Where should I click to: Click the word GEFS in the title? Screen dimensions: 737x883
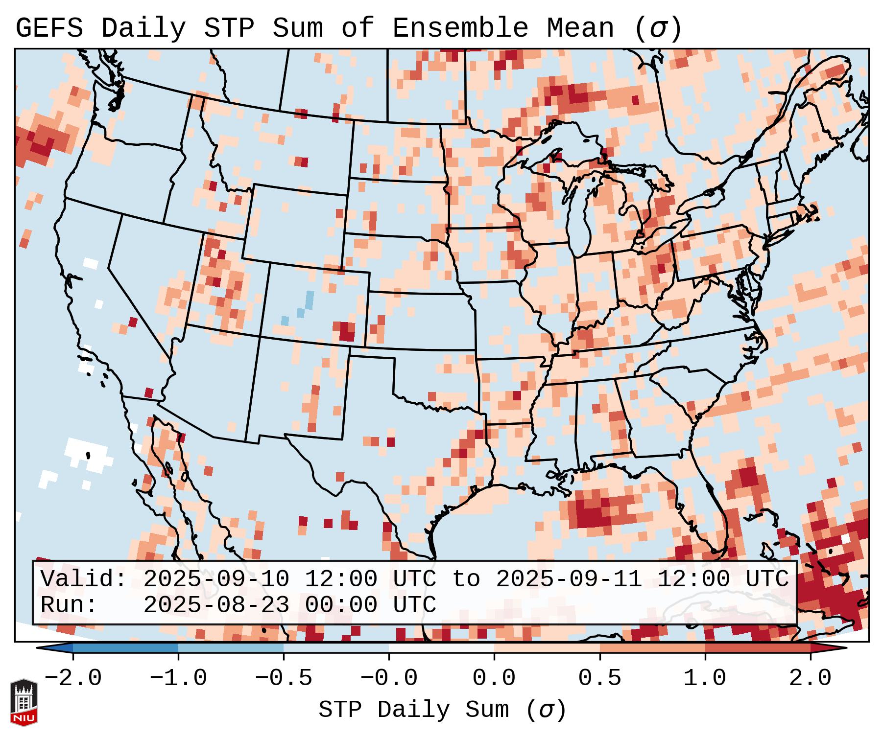(49, 28)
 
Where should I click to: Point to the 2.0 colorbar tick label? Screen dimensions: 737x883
(810, 678)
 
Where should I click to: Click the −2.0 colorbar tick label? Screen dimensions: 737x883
(73, 678)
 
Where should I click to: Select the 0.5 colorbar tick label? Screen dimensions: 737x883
(599, 678)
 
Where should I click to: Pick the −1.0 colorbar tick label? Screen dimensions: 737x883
(178, 678)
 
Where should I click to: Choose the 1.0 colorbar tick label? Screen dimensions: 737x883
(705, 678)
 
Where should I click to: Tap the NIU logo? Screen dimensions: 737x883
(24, 702)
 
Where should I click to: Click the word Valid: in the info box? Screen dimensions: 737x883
(83, 579)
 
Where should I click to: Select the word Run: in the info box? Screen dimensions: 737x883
(69, 605)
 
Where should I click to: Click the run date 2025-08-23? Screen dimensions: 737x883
(216, 605)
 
